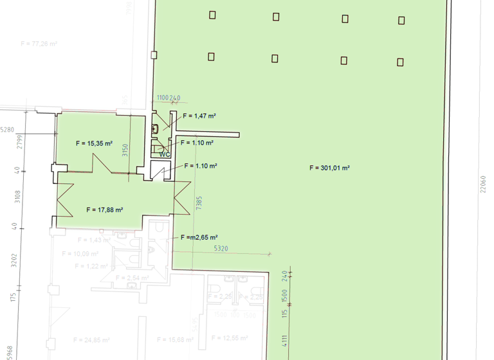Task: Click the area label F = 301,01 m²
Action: pos(329,168)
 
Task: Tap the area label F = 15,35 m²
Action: pos(94,143)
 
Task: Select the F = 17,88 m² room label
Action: pos(104,210)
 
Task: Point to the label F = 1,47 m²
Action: pos(199,116)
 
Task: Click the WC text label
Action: pos(165,154)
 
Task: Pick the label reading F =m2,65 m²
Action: pos(199,237)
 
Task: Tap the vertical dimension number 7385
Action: pos(199,204)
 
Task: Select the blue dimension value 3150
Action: pos(125,150)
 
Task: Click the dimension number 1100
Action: pos(163,98)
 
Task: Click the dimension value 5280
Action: pos(7,129)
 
